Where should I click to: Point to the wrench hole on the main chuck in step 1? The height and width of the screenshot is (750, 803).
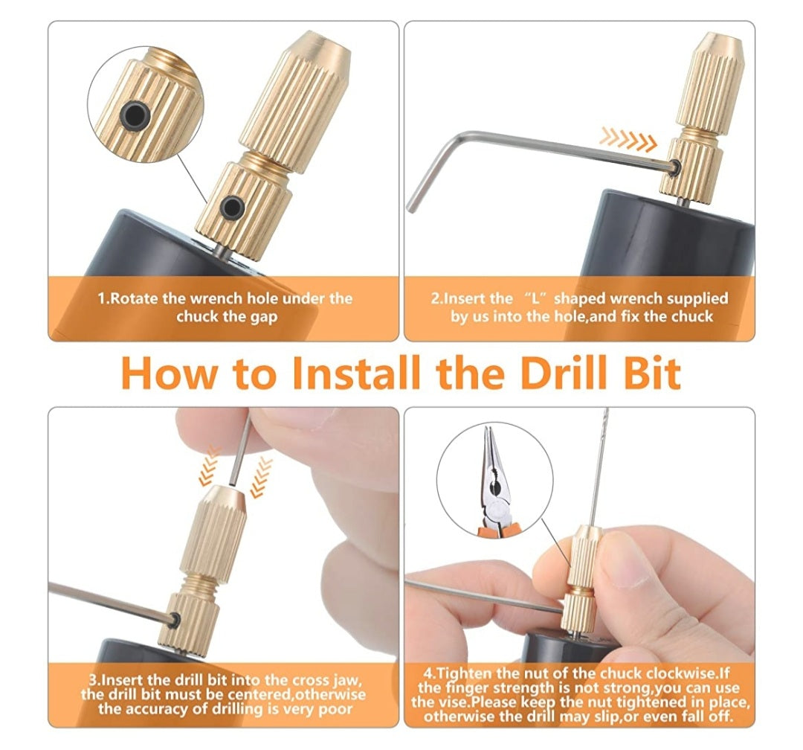tap(232, 207)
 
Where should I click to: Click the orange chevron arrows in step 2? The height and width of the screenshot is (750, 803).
tap(628, 139)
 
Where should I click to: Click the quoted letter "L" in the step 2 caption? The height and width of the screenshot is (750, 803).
tap(538, 298)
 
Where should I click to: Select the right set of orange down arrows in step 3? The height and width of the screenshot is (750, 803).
tap(261, 477)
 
